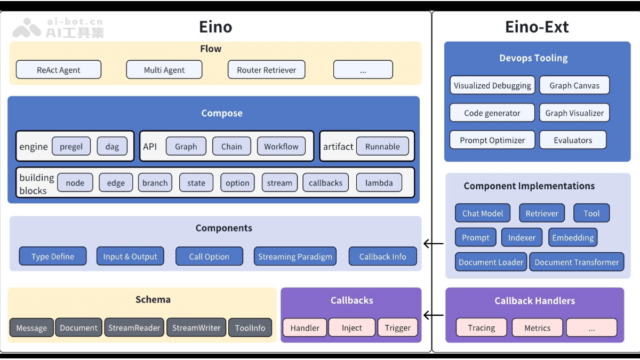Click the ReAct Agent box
pos(59,70)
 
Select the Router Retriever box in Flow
pos(267,70)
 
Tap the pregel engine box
pos(71,147)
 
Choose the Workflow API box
pos(281,147)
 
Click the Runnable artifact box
pos(382,147)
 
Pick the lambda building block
pos(379,183)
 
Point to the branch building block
pos(155,183)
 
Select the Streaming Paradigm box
pos(295,257)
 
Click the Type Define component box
pos(53,257)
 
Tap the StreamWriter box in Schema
pos(196,328)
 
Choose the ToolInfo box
pos(250,328)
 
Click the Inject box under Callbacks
pos(352,328)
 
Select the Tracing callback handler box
pos(482,328)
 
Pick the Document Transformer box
pos(577,262)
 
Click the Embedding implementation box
pos(573,238)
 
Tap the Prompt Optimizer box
pos(492,140)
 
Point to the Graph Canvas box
pos(574,85)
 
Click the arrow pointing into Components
pos(434,244)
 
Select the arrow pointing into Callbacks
pos(434,315)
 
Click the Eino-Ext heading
pos(537,27)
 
